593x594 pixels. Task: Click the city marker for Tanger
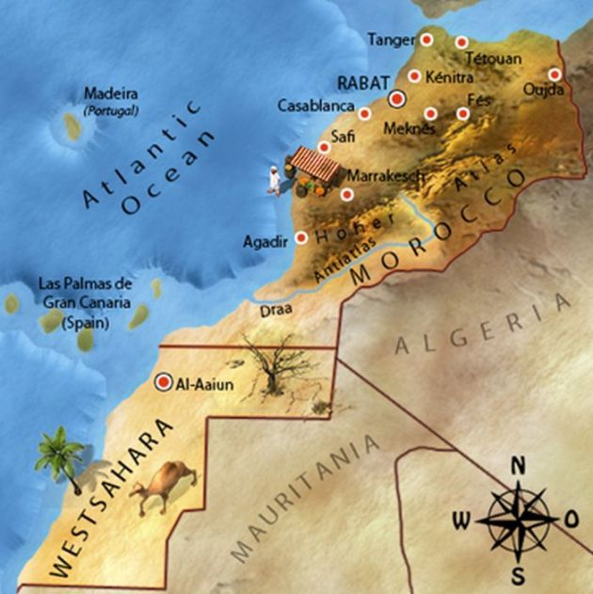pyautogui.click(x=426, y=40)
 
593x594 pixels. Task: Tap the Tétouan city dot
pyautogui.click(x=461, y=41)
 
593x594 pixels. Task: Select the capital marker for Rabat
pyautogui.click(x=397, y=96)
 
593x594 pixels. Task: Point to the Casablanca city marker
pyautogui.click(x=365, y=113)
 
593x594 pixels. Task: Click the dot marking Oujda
pyautogui.click(x=554, y=73)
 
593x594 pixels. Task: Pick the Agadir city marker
pyautogui.click(x=301, y=239)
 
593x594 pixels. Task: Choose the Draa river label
pyautogui.click(x=277, y=308)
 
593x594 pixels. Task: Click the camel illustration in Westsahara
pyautogui.click(x=163, y=487)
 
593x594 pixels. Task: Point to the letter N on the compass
pyautogui.click(x=518, y=465)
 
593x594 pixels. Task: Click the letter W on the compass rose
pyautogui.click(x=462, y=520)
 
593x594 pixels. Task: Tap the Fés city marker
pyautogui.click(x=462, y=114)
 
